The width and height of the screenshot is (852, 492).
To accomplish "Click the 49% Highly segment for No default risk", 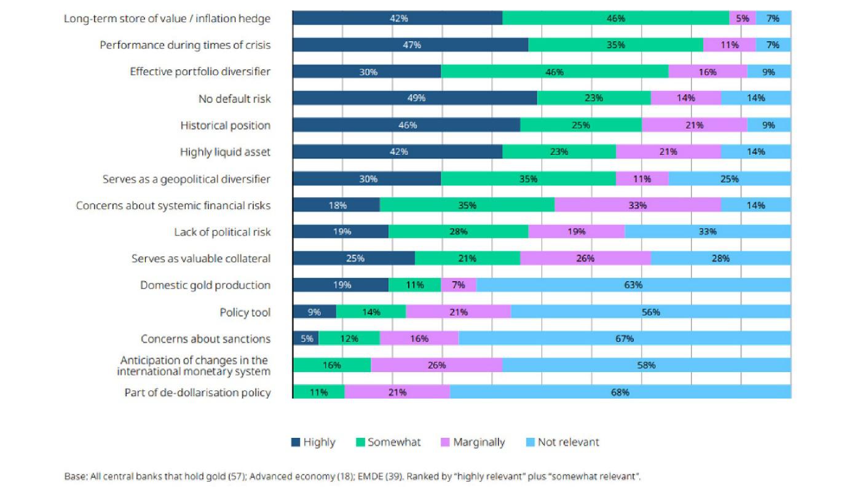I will (415, 98).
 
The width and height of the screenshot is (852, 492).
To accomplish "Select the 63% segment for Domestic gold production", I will (633, 285).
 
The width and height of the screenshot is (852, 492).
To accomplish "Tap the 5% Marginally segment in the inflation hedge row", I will (743, 18).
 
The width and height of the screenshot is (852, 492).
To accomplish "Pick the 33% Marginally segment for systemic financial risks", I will (637, 205).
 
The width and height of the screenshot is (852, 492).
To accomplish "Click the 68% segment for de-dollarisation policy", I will (620, 392).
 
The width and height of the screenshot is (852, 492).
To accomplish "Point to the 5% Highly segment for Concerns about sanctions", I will (306, 339).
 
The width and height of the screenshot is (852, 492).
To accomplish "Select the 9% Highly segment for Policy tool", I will (314, 312).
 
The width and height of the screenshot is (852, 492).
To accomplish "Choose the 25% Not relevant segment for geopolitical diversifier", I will (729, 179).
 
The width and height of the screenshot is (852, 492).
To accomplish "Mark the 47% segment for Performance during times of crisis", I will (410, 45).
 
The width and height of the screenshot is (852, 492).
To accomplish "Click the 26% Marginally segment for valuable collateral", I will (585, 259).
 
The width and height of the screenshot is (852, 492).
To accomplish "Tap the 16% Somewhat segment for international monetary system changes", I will (332, 365).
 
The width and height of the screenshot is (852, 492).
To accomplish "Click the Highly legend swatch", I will (296, 442).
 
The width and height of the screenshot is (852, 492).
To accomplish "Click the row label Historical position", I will (225, 125).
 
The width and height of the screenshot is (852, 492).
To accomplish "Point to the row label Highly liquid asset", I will (225, 152).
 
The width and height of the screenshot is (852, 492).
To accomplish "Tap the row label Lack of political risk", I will (222, 232).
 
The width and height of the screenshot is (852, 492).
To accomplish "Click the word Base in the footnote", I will (74, 476).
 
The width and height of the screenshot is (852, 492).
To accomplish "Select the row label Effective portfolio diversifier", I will (200, 72).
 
